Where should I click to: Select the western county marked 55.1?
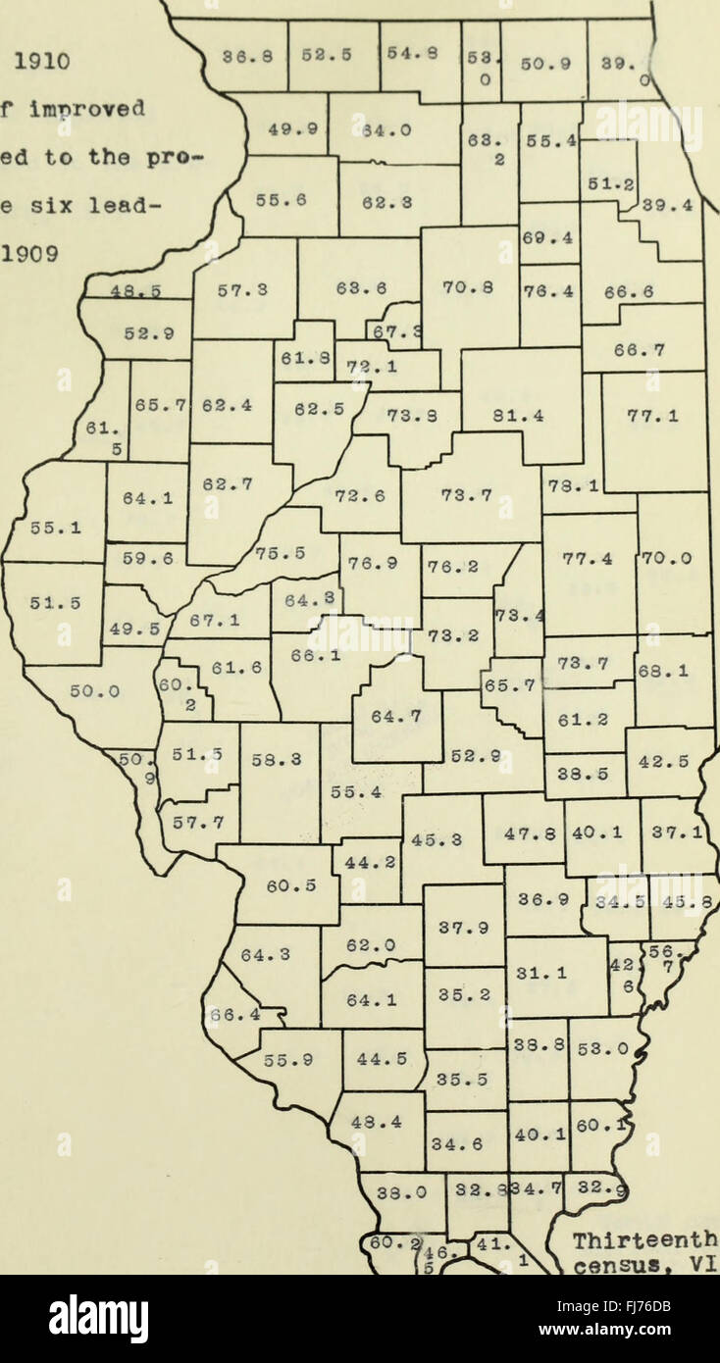coord(42,528)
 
